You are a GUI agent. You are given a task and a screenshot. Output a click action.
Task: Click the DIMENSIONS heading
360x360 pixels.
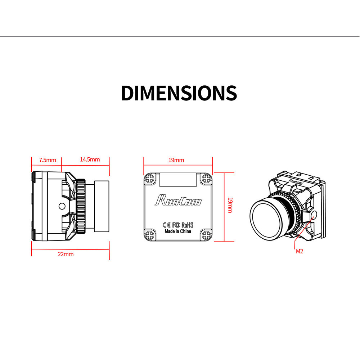pos(179,93)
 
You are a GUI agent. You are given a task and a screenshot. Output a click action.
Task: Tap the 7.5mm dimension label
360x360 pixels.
pos(48,160)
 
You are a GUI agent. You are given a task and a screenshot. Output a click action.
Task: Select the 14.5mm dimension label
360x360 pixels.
pos(90,159)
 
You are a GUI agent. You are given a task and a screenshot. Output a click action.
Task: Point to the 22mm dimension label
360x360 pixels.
pos(66,254)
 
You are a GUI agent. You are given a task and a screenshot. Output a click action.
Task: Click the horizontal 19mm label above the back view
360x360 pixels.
pos(176,160)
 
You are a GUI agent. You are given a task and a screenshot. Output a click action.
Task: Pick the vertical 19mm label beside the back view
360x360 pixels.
pos(230,205)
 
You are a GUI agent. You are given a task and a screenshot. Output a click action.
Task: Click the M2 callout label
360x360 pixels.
pos(300,251)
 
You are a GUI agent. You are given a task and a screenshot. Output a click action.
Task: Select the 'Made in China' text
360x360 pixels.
pos(178,231)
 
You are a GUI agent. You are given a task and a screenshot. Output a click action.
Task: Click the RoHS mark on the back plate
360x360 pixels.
pos(187,225)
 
